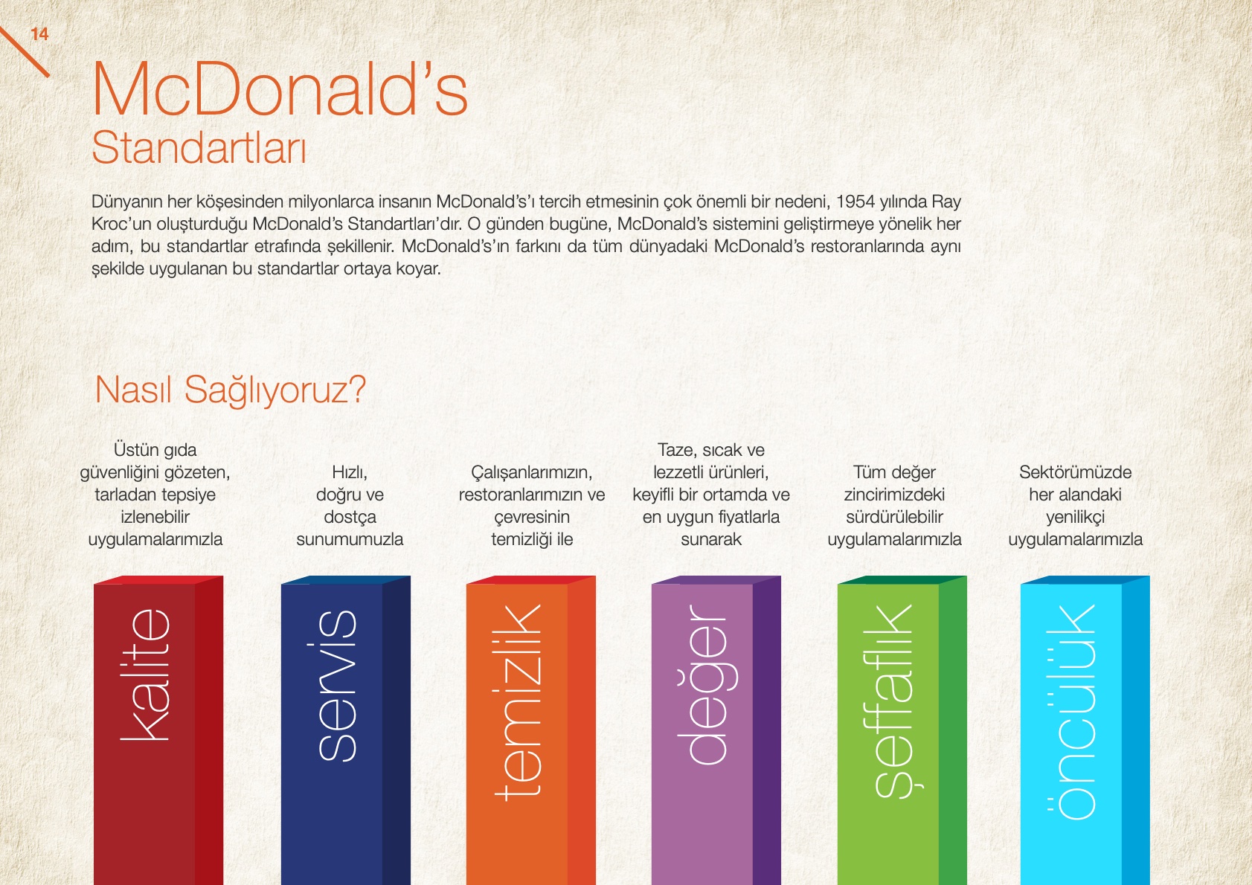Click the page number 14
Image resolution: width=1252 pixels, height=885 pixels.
(39, 34)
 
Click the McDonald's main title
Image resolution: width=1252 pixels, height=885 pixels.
(280, 89)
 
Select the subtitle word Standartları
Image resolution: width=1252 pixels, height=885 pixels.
(199, 147)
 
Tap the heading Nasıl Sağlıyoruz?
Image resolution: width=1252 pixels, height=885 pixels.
(231, 390)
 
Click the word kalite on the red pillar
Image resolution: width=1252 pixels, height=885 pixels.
(145, 675)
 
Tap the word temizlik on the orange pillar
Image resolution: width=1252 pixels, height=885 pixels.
(518, 702)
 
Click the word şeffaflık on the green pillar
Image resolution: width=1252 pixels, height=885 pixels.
(893, 701)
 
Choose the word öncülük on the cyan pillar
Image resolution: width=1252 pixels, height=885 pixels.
(1070, 712)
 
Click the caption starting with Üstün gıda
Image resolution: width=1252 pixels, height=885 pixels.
(155, 495)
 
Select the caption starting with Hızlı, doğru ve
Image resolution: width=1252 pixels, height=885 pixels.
(350, 506)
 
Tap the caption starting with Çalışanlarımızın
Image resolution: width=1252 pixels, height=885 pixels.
(532, 506)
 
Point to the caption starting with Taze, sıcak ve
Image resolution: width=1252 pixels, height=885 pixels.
(711, 495)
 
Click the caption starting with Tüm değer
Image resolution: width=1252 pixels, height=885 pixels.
(894, 506)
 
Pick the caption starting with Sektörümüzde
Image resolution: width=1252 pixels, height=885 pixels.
(1076, 506)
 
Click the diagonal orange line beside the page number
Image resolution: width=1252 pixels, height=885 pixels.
(25, 51)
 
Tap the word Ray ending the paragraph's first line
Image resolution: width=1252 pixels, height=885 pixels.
(946, 202)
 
